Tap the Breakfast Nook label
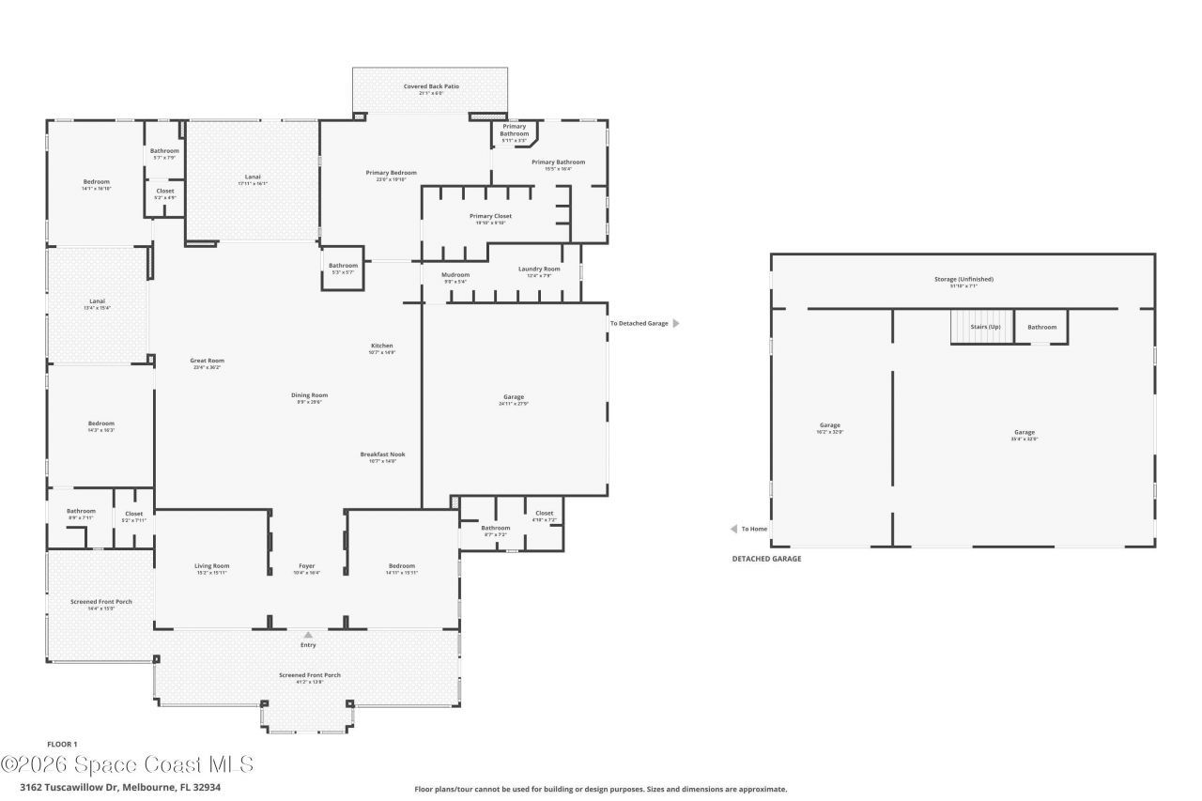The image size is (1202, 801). click(x=382, y=456)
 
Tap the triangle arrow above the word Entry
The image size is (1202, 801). click(x=308, y=635)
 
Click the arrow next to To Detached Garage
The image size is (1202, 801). click(x=675, y=323)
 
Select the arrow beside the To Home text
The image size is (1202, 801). click(x=734, y=529)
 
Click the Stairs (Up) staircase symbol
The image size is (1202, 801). click(x=981, y=327)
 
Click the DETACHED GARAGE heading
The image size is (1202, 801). click(x=766, y=559)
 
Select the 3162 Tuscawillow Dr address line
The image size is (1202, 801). click(x=120, y=788)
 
